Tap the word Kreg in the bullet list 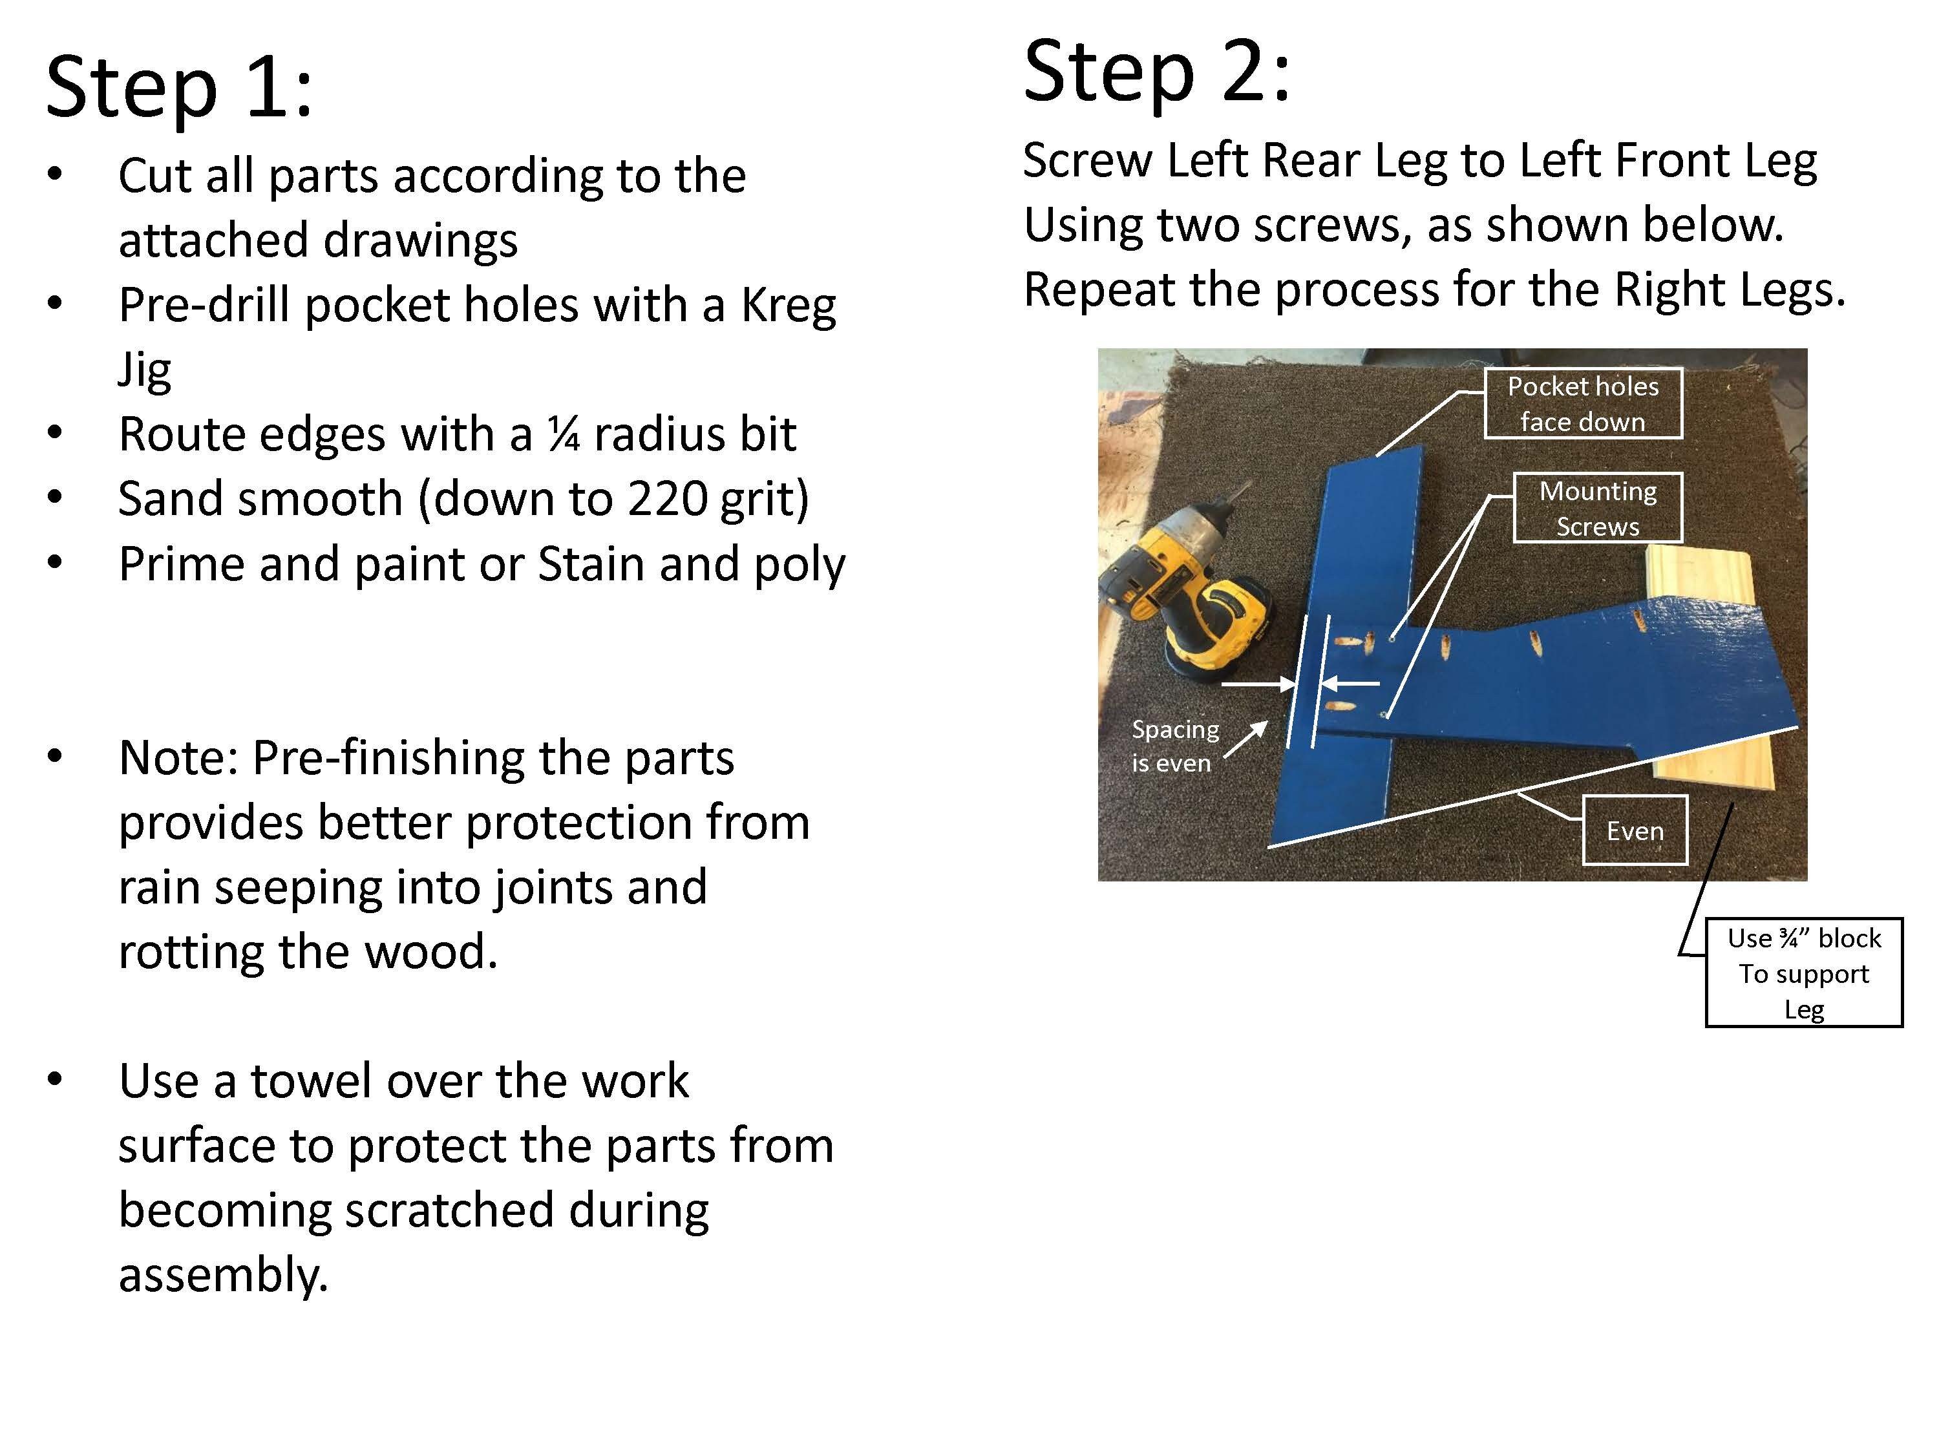788,305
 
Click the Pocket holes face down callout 1582,404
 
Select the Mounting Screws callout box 1597,509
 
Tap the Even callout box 1634,830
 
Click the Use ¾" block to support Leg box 1803,973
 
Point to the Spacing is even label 1174,746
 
